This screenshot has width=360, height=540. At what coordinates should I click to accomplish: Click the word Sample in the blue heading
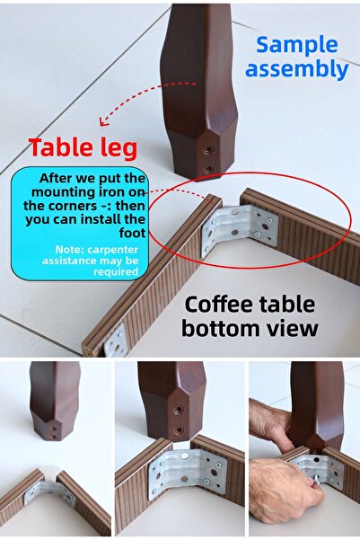(x=295, y=45)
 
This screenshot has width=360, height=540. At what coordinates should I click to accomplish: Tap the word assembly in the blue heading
(x=296, y=69)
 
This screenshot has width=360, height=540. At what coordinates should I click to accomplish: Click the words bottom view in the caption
(x=249, y=328)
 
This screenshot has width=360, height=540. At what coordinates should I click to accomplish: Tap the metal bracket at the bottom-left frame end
(x=115, y=340)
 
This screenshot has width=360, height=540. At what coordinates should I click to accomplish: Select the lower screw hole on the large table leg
(x=208, y=168)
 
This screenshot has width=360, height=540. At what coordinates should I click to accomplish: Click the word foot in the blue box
(x=130, y=218)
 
